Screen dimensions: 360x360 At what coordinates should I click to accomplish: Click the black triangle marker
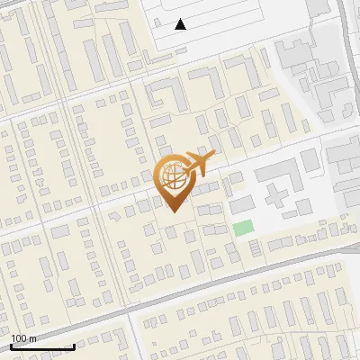181,24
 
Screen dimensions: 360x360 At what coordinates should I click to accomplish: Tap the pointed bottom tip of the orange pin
172,211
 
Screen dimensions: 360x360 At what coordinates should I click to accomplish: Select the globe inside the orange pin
172,179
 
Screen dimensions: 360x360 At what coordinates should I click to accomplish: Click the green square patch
243,229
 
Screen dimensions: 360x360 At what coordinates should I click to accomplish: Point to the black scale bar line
42,347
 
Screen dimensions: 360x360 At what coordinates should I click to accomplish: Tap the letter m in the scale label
33,339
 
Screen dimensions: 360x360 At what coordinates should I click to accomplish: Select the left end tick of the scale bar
12,346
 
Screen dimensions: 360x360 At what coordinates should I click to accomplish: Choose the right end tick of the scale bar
73,346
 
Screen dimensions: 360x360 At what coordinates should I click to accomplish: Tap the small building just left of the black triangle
157,22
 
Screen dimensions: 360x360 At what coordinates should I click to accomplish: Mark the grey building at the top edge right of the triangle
318,7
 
